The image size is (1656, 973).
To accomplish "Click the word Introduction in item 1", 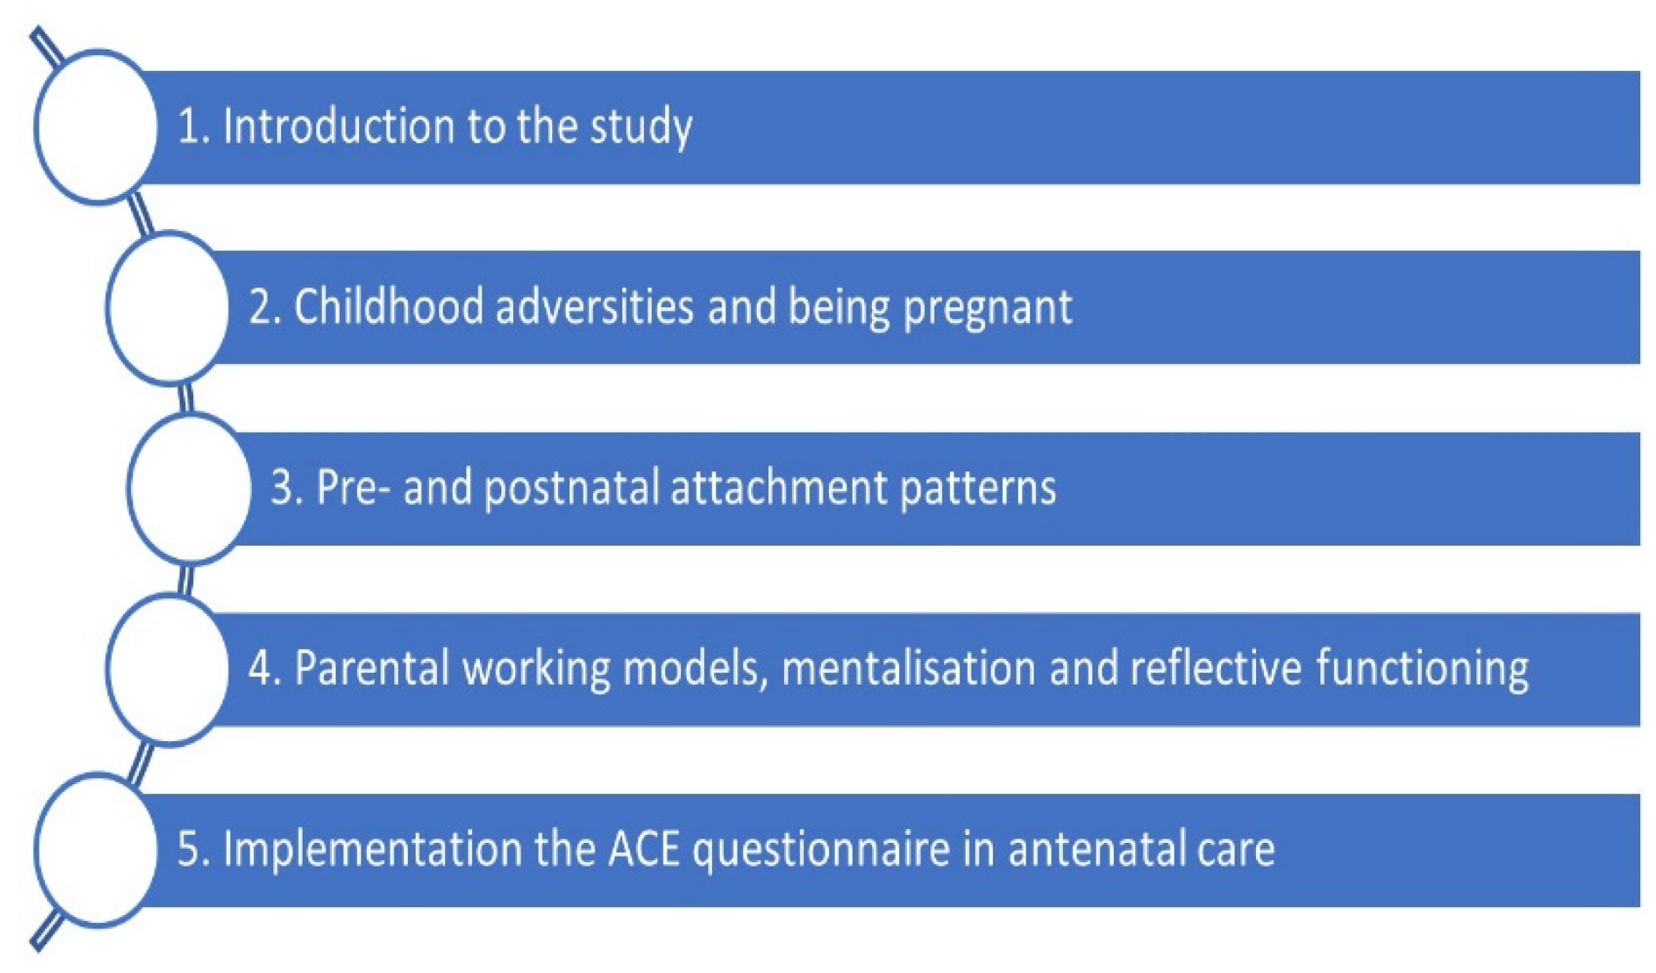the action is [x=338, y=126].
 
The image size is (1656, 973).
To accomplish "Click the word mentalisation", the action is [x=908, y=668].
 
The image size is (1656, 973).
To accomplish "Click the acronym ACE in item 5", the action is [x=644, y=850].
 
